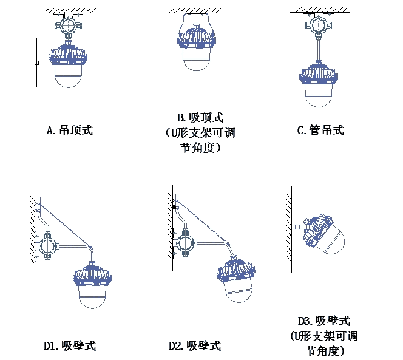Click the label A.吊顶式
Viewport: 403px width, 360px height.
(69, 130)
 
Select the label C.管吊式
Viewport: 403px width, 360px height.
(320, 130)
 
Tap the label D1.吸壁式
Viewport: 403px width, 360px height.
(69, 346)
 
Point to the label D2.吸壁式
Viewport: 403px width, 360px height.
(194, 346)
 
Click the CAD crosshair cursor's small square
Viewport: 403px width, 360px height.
(36, 63)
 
